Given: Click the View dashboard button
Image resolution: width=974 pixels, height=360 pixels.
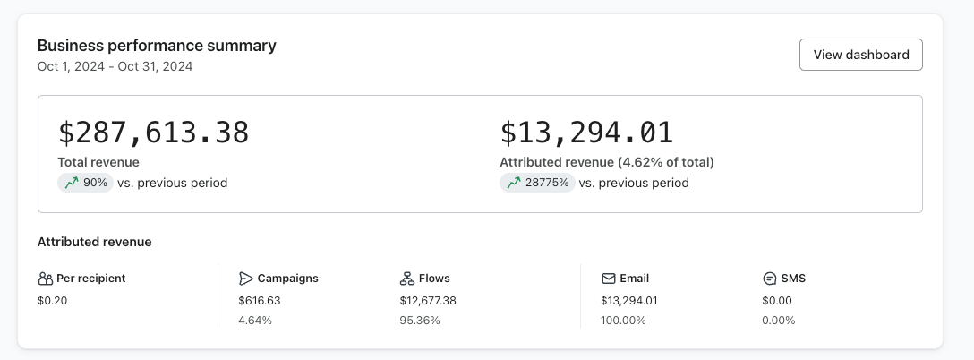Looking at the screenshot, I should (x=860, y=55).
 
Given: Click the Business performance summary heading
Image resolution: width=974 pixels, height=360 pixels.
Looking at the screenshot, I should (x=157, y=46).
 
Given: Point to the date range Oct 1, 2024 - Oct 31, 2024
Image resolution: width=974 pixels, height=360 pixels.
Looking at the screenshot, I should (x=115, y=66).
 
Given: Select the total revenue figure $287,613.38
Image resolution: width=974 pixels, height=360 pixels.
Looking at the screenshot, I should (x=153, y=133).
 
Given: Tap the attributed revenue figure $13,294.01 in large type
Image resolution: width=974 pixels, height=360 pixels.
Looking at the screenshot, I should (x=586, y=133).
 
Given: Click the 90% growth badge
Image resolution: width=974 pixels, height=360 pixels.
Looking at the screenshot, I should (x=86, y=183).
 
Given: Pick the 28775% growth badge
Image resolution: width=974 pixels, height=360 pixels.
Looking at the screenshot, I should (x=537, y=183).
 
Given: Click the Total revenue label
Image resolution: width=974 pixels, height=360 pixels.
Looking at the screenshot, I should (x=98, y=162).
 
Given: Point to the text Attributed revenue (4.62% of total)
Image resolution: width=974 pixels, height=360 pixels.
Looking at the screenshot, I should (x=606, y=162).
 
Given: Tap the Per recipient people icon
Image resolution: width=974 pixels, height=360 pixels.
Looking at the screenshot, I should (x=46, y=279).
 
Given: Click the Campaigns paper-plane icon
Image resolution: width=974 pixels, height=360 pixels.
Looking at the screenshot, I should (x=246, y=279).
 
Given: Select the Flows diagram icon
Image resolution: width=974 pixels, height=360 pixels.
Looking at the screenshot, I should (x=407, y=279).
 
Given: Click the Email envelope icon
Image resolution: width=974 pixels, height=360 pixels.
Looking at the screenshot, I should (x=609, y=279).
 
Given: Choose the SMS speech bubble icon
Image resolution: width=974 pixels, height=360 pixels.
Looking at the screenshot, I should (x=769, y=279).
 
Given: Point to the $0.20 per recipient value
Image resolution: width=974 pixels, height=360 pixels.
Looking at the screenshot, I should (x=52, y=301).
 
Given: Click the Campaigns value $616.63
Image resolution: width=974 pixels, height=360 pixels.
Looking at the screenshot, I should (x=260, y=301).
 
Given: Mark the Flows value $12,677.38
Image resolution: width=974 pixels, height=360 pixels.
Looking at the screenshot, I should (x=428, y=301).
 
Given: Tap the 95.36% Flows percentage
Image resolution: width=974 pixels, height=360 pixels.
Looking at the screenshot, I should (x=420, y=320).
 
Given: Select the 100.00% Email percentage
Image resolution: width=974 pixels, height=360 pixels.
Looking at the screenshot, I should (x=623, y=320).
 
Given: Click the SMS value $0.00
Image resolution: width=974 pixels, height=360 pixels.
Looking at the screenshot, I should (x=777, y=301).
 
